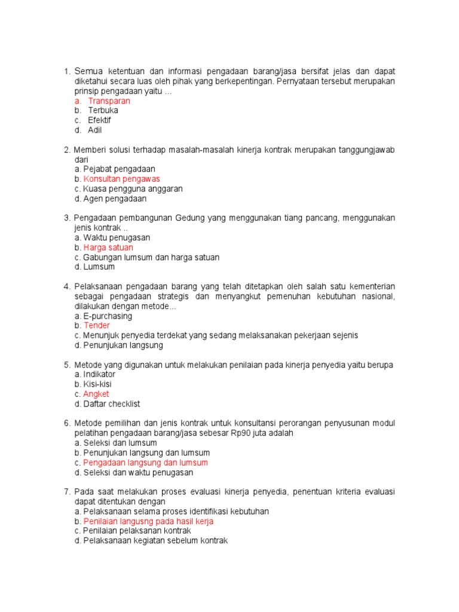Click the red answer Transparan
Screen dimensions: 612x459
click(x=109, y=101)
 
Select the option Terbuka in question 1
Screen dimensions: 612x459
click(x=103, y=111)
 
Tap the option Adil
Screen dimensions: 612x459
click(x=95, y=130)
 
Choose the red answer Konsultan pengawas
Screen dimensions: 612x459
click(x=122, y=179)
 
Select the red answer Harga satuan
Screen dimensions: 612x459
click(x=108, y=247)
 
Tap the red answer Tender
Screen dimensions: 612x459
click(x=97, y=326)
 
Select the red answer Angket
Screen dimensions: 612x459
click(x=96, y=394)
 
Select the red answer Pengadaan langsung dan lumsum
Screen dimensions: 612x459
click(x=146, y=463)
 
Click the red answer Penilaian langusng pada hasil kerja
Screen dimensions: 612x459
click(x=148, y=521)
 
